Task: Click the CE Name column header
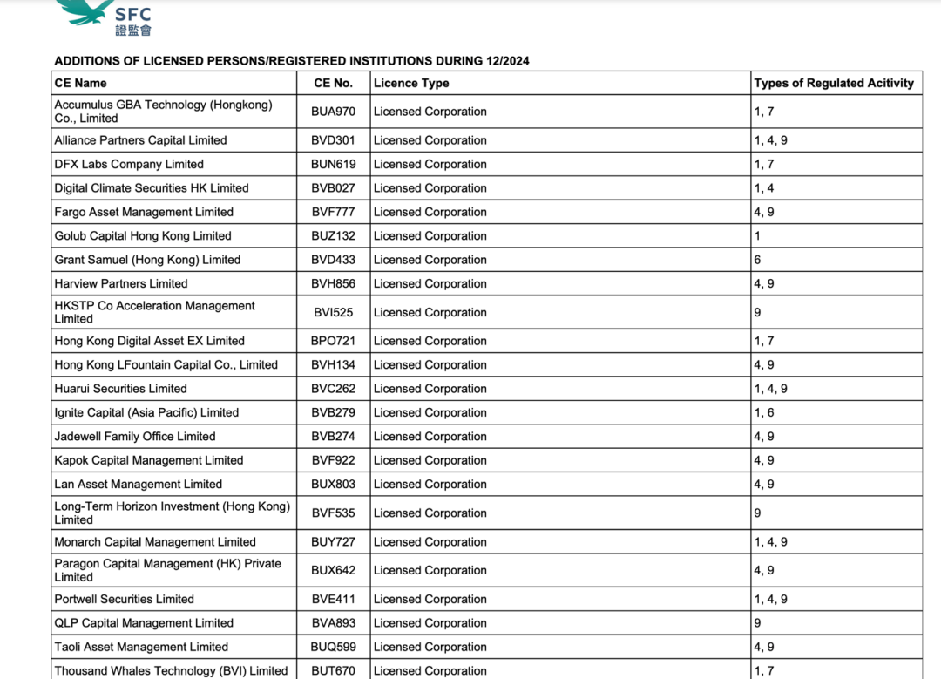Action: pyautogui.click(x=80, y=83)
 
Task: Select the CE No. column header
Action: pyautogui.click(x=333, y=83)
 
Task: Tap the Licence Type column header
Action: pyautogui.click(x=411, y=83)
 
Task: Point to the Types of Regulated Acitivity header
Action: pyautogui.click(x=834, y=83)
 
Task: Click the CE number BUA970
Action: pyautogui.click(x=334, y=112)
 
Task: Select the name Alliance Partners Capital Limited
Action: pyautogui.click(x=140, y=140)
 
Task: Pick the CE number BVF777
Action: pyautogui.click(x=334, y=212)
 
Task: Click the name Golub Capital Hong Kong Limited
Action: pyautogui.click(x=143, y=235)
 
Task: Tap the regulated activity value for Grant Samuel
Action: pyautogui.click(x=758, y=260)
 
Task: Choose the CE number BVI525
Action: pyautogui.click(x=334, y=312)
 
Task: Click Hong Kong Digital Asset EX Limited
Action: pyautogui.click(x=149, y=341)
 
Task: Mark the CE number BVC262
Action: pyautogui.click(x=334, y=389)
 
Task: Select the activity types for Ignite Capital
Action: pyautogui.click(x=764, y=412)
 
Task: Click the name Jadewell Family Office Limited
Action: pyautogui.click(x=135, y=437)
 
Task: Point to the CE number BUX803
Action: pyautogui.click(x=334, y=485)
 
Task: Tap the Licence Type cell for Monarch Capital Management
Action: pyautogui.click(x=430, y=542)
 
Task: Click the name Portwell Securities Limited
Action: pyautogui.click(x=125, y=600)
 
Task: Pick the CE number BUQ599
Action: pyautogui.click(x=334, y=648)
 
